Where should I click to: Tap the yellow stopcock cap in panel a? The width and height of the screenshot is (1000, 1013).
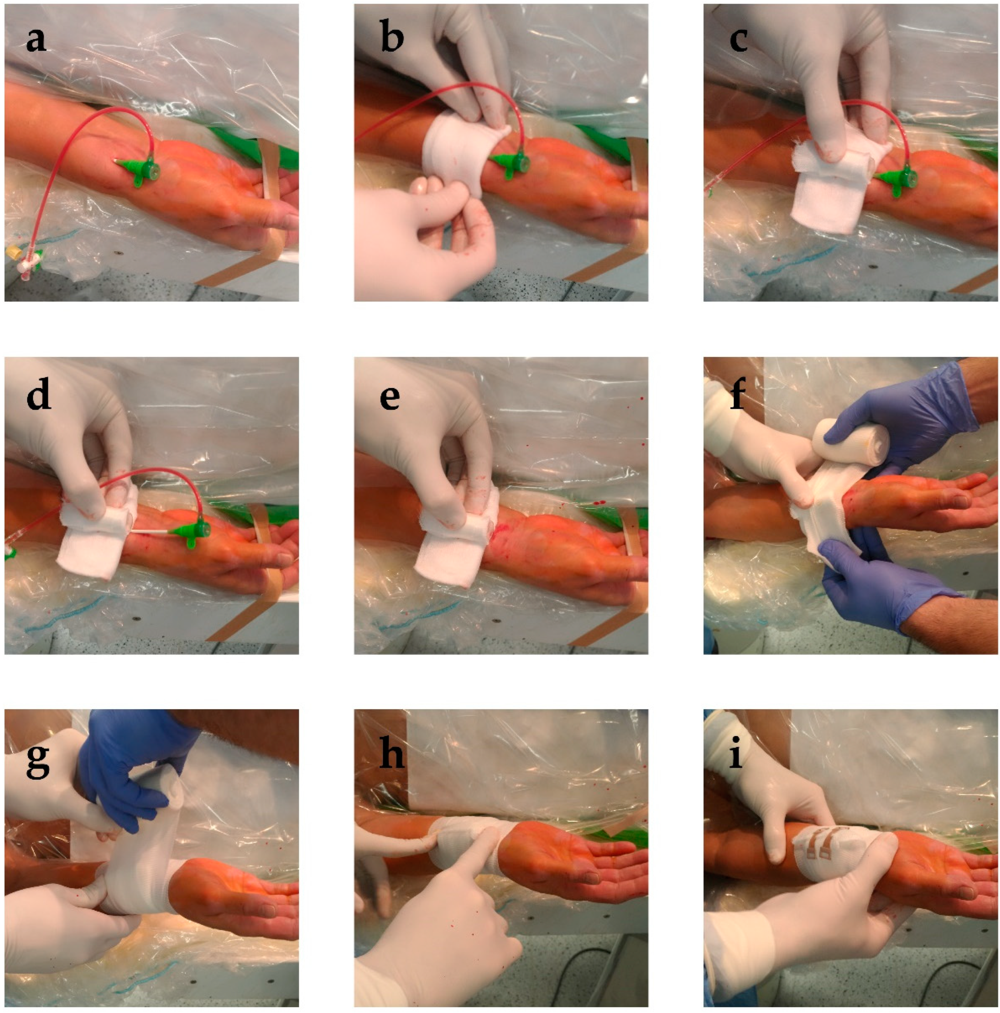tap(13, 253)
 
